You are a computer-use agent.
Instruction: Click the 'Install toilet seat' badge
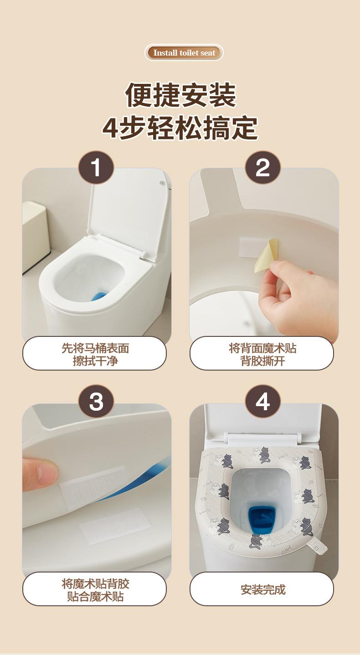tap(184, 52)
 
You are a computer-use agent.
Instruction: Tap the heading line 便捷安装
tap(180, 95)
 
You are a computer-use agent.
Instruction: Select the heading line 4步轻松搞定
tap(180, 128)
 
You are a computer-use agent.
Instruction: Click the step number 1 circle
tap(96, 167)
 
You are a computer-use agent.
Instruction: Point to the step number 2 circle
tap(263, 167)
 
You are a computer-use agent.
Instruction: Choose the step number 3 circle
tap(96, 401)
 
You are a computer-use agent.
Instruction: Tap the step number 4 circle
tap(263, 401)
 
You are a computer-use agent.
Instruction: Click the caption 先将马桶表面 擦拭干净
tap(95, 355)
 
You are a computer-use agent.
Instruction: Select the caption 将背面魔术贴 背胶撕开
tap(262, 355)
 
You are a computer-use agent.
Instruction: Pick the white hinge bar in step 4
tap(263, 438)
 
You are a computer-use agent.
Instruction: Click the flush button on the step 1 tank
tap(162, 183)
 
